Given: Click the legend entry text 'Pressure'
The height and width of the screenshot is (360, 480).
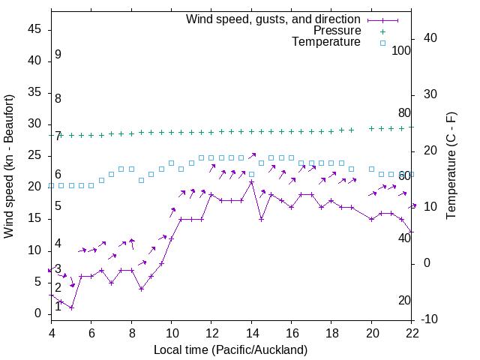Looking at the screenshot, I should tap(337, 31).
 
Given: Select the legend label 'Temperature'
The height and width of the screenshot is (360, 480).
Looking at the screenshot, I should tap(326, 42).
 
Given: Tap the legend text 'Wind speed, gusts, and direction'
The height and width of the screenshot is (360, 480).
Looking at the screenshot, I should tap(274, 19).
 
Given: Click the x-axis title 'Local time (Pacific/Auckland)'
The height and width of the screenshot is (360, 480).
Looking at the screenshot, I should tap(231, 350).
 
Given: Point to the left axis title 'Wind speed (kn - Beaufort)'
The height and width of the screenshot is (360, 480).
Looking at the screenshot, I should tap(9, 166).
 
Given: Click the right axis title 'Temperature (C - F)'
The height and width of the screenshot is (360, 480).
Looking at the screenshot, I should tap(451, 166).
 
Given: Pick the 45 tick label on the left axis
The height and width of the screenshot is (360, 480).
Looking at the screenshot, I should tap(34, 31).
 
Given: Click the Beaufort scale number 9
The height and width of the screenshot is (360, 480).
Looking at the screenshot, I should tap(58, 55).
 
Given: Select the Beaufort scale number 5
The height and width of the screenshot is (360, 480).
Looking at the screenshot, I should tap(58, 205).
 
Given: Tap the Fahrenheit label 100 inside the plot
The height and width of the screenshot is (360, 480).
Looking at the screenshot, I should tap(401, 50).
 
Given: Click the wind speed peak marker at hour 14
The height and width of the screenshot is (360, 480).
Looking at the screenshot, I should tap(251, 182).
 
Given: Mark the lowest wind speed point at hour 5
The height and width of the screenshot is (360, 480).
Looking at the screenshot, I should tap(71, 307).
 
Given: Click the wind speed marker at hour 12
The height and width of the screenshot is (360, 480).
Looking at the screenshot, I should tap(211, 195).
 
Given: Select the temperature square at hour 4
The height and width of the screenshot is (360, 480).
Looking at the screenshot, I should tap(51, 185).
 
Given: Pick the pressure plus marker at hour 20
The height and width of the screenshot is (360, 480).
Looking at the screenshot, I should tap(371, 128).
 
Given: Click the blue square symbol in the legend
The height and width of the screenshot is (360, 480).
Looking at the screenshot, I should tap(382, 43).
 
